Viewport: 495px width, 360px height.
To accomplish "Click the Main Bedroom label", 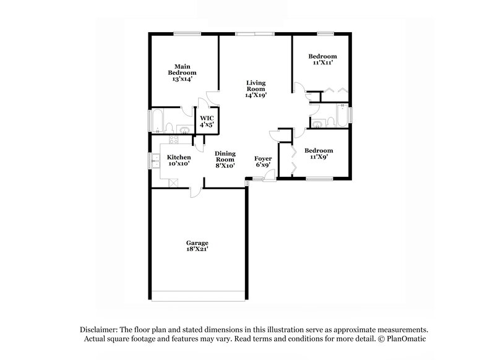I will point(181,72).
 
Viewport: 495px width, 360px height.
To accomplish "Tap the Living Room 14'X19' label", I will point(256,89).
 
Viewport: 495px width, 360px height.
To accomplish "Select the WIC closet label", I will point(206,121).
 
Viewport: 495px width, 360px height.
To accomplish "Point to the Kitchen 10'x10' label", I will point(178,160).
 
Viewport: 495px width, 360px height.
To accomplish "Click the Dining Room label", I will point(225,160).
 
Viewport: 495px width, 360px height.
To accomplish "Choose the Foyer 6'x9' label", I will point(263,162).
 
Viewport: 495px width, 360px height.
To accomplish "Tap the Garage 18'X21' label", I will point(197,246).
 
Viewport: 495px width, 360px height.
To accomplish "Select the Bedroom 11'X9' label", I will point(319,153).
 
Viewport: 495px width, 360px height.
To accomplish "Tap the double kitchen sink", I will point(153,161).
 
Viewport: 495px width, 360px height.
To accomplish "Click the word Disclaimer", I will point(98,330).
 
